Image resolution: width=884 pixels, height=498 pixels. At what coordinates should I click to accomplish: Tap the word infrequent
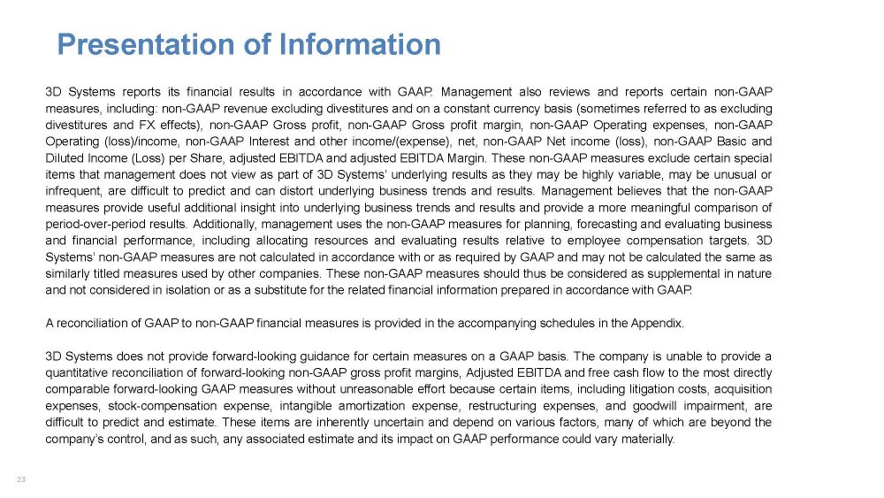[74, 190]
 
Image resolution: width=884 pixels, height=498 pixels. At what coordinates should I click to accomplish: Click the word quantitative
[78, 373]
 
